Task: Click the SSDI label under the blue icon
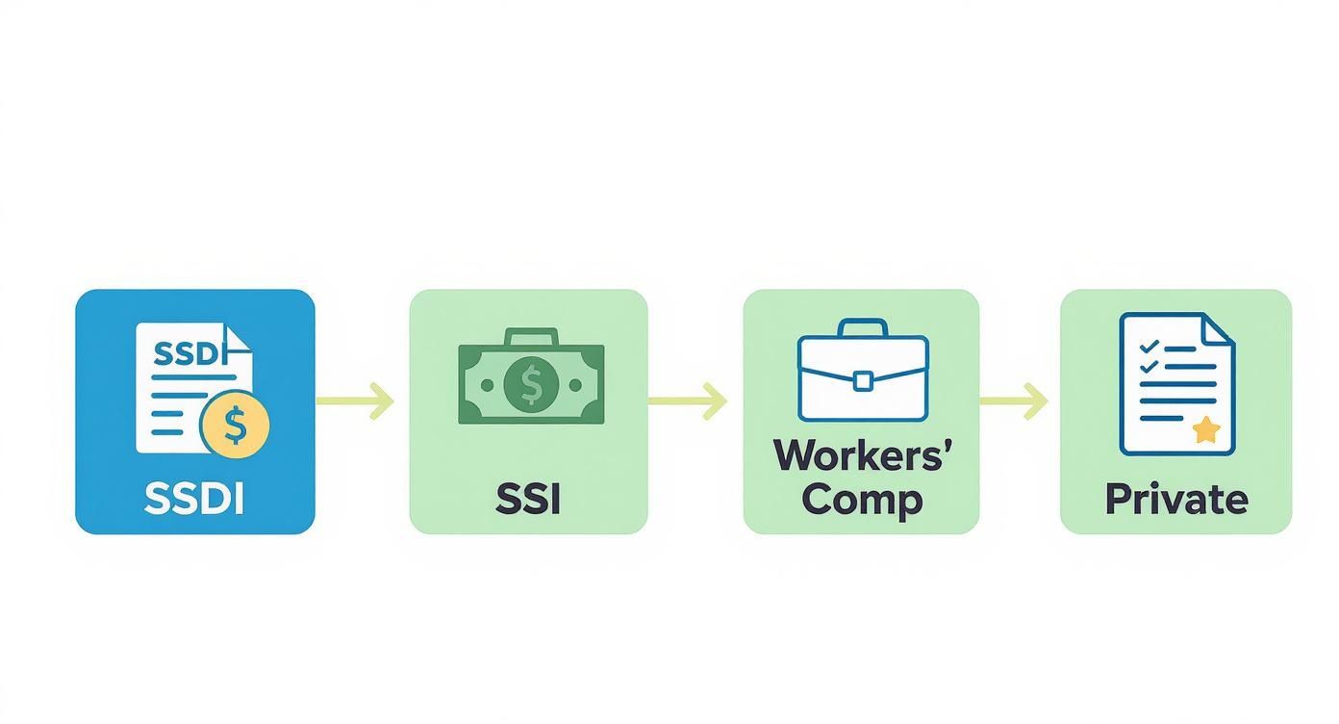(194, 499)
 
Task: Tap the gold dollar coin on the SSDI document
(235, 424)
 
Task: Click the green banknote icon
(531, 383)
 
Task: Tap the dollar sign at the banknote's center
(531, 385)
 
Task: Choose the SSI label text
(528, 499)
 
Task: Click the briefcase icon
(863, 372)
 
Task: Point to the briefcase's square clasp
(863, 381)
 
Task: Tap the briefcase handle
(863, 328)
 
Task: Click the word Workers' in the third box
(863, 455)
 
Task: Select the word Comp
(862, 499)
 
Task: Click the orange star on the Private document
(1205, 430)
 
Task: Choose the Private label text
(1176, 499)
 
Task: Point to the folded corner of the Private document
(1219, 328)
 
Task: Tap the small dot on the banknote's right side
(575, 385)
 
